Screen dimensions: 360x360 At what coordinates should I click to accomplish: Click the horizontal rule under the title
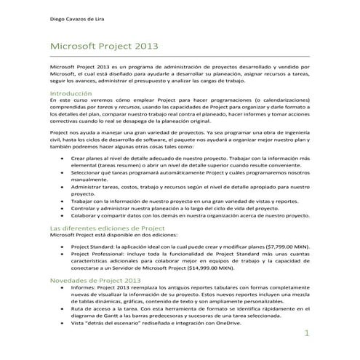point(180,57)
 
